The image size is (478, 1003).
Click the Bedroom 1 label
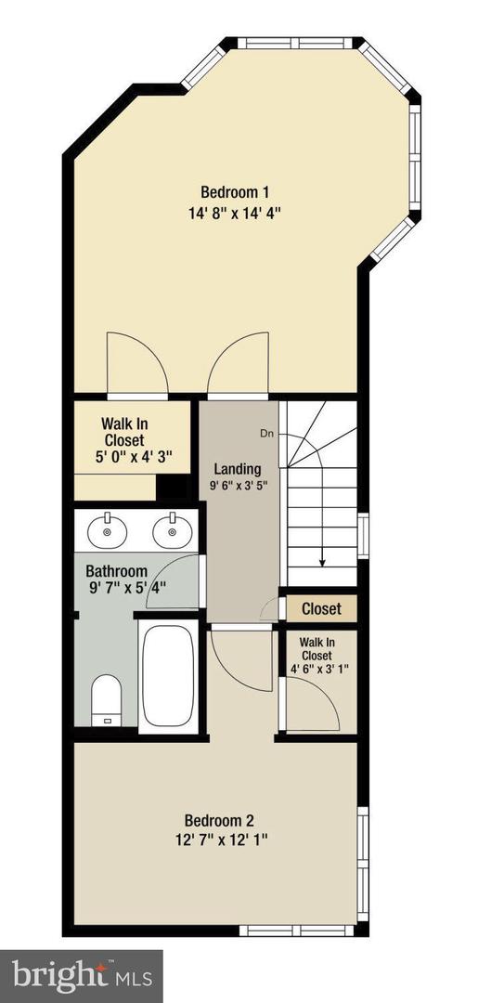coord(235,192)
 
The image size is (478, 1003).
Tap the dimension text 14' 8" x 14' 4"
coord(235,212)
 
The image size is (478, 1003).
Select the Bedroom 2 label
coord(219,820)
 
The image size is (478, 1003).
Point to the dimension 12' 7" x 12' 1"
coord(219,840)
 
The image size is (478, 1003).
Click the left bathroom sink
coord(110,532)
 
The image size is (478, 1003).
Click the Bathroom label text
coord(117,571)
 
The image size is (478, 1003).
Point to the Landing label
coord(237,469)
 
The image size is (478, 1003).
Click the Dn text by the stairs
coord(266,433)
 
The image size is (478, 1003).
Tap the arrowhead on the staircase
coord(322,560)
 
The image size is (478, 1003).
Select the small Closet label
coord(321,609)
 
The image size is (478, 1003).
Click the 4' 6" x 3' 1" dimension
coord(318,668)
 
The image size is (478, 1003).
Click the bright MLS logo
coord(82,975)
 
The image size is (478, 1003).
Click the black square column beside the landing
coord(170,488)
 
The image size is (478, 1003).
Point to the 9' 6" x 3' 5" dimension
coord(237,487)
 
